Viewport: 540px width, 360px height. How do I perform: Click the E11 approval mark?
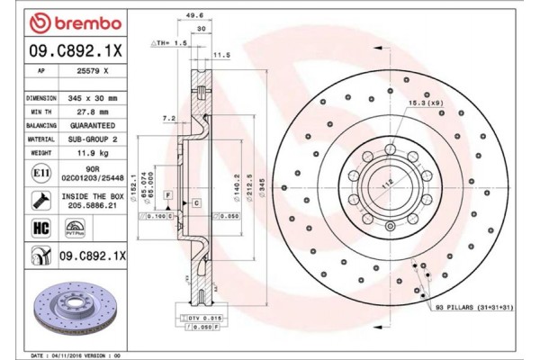(41, 172)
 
